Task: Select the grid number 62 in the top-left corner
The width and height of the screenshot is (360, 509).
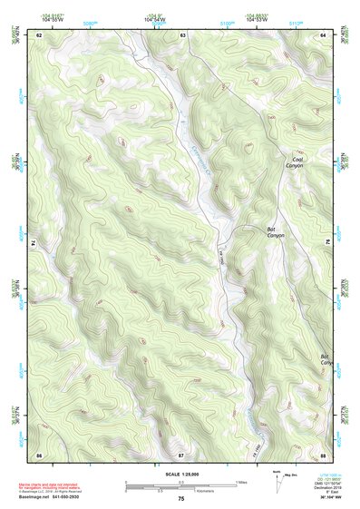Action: [39, 34]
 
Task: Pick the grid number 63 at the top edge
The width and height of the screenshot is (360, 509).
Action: [182, 34]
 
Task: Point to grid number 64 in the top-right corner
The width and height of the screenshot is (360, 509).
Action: [324, 34]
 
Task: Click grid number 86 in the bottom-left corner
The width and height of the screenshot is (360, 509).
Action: [39, 454]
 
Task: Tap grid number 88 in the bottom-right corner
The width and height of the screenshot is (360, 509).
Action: [324, 454]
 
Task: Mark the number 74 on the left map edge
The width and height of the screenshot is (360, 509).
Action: [34, 243]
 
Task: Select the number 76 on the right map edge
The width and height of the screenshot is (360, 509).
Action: [328, 241]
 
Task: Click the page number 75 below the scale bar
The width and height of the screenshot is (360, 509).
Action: [181, 499]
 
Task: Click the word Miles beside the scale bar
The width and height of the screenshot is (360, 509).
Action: [241, 482]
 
